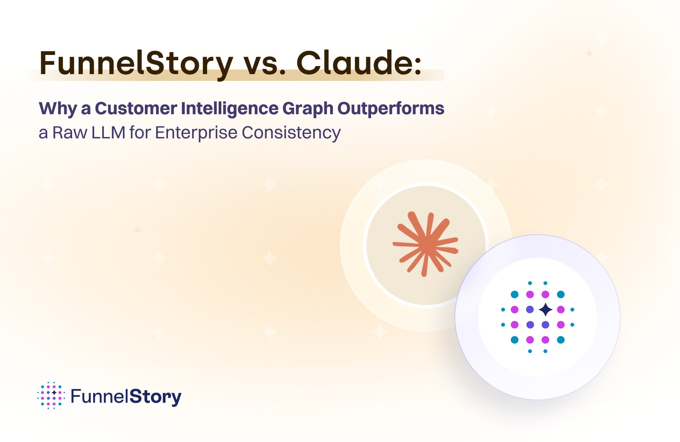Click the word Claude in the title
pos(354,63)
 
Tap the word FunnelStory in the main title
pos(136,64)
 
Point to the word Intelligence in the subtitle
pos(230,109)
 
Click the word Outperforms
pos(391,109)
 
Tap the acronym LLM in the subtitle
pos(108,133)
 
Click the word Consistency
pos(291,133)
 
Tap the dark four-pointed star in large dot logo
pos(546,309)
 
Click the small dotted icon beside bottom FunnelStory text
pos(51,395)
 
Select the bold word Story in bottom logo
pos(155,397)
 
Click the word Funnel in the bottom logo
pos(99,396)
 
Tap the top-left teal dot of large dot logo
pos(515,294)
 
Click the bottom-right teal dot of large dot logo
pos(561,340)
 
